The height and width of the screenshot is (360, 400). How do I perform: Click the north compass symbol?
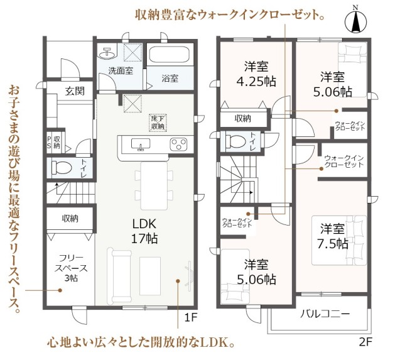(355, 19)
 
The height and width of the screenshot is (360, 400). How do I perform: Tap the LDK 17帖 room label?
(144, 231)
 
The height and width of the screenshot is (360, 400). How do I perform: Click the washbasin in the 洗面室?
(107, 53)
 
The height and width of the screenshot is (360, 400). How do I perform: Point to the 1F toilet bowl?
(62, 168)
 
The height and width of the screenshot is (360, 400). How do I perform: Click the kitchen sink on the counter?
(141, 144)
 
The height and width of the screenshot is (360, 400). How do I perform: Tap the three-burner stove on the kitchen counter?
(178, 144)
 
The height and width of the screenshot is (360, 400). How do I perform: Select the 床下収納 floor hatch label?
(158, 123)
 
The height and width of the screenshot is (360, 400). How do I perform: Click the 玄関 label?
(75, 91)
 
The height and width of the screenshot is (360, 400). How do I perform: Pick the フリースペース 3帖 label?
(71, 268)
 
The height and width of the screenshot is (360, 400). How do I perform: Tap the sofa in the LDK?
(120, 276)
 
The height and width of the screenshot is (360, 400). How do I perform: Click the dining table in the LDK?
(154, 185)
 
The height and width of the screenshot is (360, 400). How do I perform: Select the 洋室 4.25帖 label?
(256, 74)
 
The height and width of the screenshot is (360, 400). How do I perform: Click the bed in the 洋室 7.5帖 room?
(339, 240)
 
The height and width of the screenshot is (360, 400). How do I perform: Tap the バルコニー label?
(325, 314)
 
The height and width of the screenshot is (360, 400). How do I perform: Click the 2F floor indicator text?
(366, 342)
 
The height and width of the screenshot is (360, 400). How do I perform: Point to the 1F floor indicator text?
(191, 317)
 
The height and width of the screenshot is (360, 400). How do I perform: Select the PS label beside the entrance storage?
(49, 142)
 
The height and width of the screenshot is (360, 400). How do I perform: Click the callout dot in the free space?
(60, 290)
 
